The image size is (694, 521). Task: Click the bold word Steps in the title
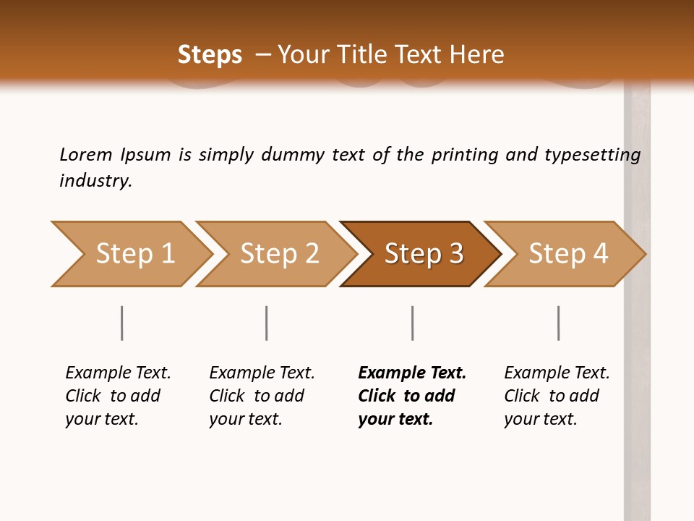coord(210,55)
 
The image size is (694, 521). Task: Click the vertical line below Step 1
coord(121,323)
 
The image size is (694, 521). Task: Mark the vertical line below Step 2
coord(267,323)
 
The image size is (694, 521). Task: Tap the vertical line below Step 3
coord(412,323)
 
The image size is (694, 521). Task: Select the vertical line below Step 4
coord(558,323)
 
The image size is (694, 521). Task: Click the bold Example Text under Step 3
coord(412,373)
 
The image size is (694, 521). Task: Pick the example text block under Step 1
coord(118,396)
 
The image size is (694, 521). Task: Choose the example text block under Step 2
coord(262,396)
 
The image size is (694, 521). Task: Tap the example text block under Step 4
coord(557,396)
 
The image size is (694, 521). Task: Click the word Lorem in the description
coord(85,155)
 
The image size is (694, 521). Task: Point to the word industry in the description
coord(95,181)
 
